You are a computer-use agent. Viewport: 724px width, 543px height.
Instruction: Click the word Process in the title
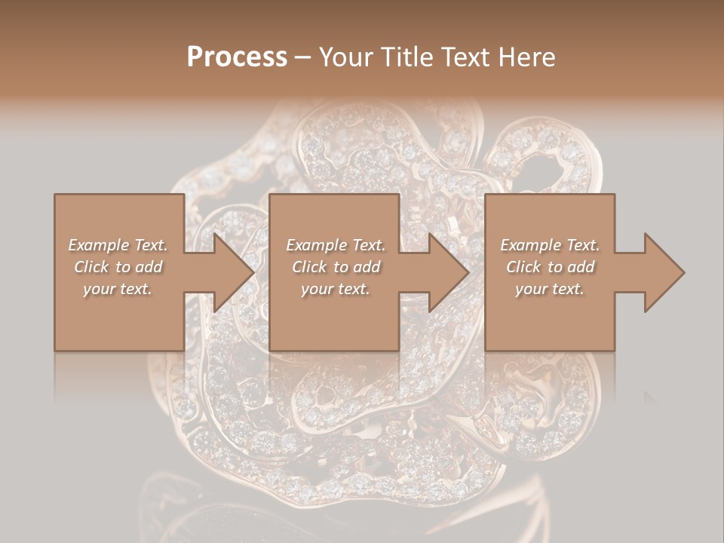pyautogui.click(x=237, y=57)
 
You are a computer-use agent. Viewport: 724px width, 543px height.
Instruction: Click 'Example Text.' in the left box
pyautogui.click(x=118, y=245)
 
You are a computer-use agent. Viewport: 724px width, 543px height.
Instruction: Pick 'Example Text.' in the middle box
pyautogui.click(x=336, y=245)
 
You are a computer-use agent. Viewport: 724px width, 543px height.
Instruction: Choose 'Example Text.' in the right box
pyautogui.click(x=550, y=245)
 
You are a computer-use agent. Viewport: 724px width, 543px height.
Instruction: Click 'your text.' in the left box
pyautogui.click(x=118, y=289)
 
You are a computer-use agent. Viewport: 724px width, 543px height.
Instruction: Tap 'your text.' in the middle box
pyautogui.click(x=336, y=289)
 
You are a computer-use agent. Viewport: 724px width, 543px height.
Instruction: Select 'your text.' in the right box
pyautogui.click(x=550, y=289)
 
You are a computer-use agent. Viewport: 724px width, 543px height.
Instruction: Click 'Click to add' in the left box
pyautogui.click(x=118, y=267)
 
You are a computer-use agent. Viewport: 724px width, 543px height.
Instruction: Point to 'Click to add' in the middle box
pyautogui.click(x=336, y=267)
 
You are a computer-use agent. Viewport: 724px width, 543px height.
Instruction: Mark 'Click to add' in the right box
pyautogui.click(x=550, y=267)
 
